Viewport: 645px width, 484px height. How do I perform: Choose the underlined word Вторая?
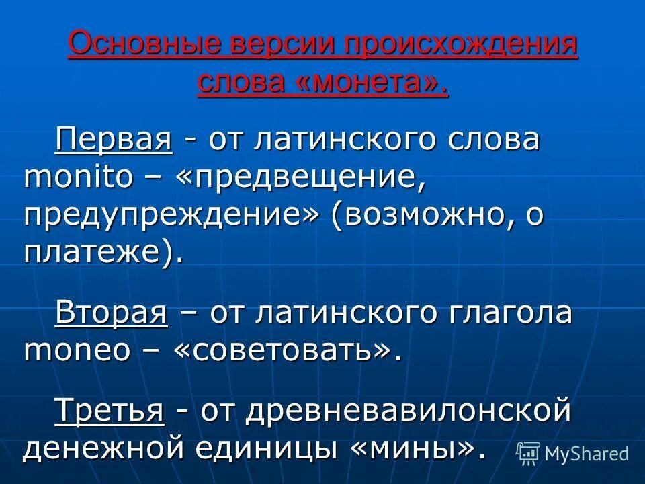click(111, 314)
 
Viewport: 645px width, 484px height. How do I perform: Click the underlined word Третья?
click(109, 411)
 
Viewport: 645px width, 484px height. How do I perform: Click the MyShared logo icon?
click(527, 454)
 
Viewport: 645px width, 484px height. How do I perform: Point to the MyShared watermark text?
click(587, 454)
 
